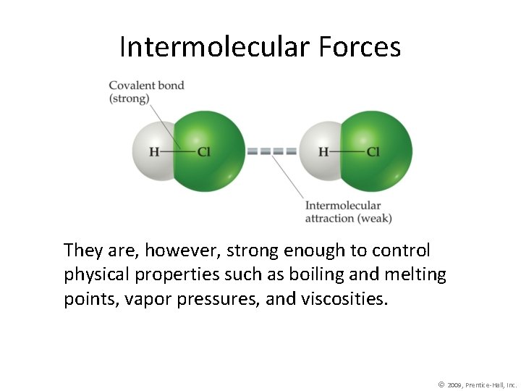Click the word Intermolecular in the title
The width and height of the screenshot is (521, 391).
coord(214,47)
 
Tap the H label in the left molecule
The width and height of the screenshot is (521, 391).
coord(154,152)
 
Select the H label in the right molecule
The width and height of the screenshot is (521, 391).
coord(323,152)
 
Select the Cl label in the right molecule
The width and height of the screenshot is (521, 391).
coord(373,152)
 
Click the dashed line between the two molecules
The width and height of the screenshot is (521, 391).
coord(272,152)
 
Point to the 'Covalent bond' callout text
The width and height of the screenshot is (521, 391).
coord(146,85)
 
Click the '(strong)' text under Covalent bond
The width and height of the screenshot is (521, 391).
coord(129,98)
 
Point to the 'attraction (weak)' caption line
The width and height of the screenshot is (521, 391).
coord(348,218)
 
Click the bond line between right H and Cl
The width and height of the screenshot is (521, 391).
coord(348,152)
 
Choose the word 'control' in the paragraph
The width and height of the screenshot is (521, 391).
coord(401,251)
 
